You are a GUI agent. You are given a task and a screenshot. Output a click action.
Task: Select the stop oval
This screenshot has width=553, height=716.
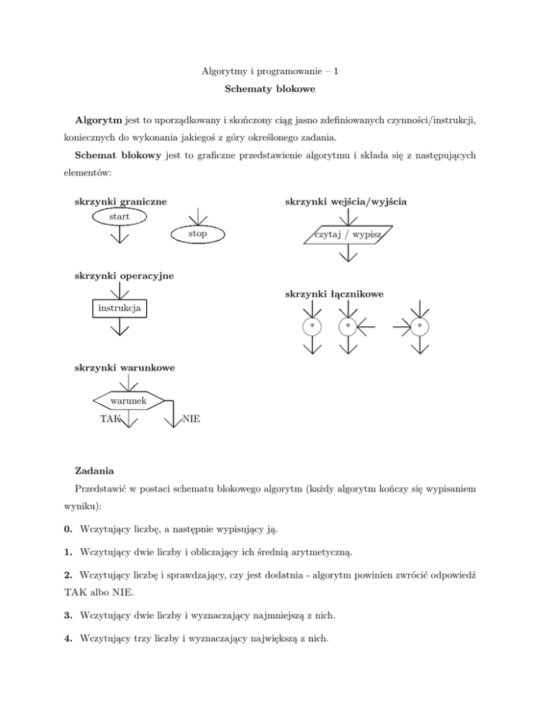[198, 234]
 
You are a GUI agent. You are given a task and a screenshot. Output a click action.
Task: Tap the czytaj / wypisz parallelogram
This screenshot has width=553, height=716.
[349, 235]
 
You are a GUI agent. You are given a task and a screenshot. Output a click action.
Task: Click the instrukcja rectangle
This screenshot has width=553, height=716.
[120, 309]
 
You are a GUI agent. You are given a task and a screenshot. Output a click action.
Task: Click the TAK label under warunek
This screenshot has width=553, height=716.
[109, 419]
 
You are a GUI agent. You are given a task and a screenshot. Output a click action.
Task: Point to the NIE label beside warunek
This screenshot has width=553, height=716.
[191, 419]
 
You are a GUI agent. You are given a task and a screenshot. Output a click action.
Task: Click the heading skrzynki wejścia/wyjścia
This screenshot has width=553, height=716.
[348, 202]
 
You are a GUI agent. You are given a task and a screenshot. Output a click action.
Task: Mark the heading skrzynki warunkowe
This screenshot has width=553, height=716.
[124, 368]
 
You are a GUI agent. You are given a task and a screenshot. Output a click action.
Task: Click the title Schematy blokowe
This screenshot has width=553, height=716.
[276, 94]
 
